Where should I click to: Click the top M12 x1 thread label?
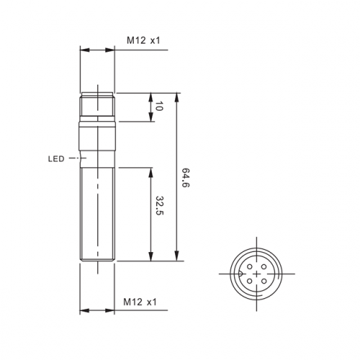click(x=143, y=40)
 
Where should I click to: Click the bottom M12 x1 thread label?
click(x=140, y=302)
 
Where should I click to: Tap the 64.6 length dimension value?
click(x=185, y=178)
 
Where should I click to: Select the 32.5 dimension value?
click(x=160, y=205)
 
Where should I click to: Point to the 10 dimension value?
click(x=159, y=106)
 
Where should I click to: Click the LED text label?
click(x=56, y=159)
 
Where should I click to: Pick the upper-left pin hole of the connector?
click(x=250, y=266)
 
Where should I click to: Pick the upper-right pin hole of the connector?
click(x=264, y=266)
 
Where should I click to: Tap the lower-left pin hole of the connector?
click(x=250, y=281)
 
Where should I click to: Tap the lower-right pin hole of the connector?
click(x=264, y=281)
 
